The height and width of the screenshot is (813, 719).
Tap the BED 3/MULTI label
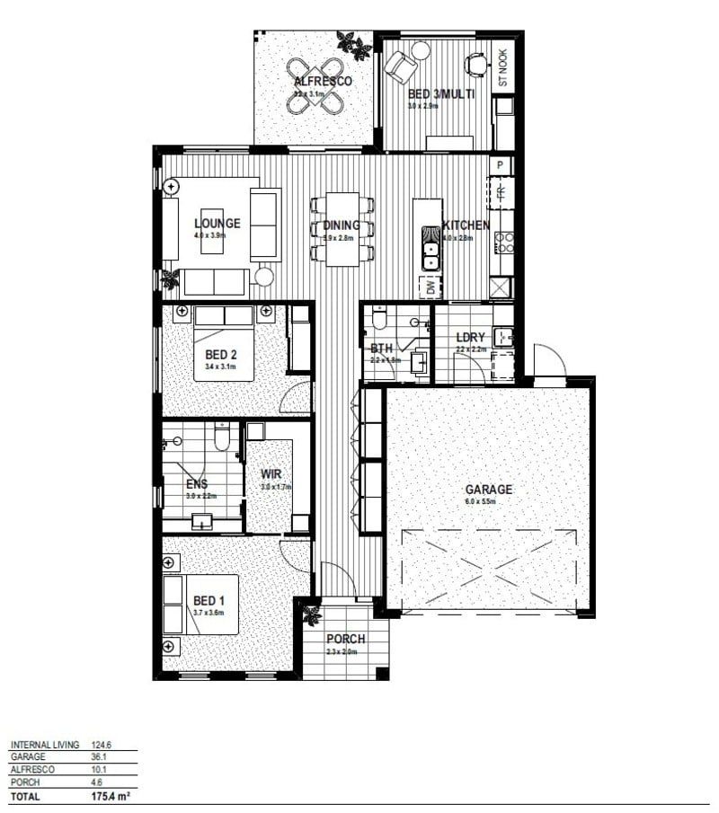click(436, 93)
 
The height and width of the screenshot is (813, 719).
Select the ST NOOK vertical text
click(503, 67)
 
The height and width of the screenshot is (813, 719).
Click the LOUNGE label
click(217, 223)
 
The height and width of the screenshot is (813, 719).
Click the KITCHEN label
click(466, 225)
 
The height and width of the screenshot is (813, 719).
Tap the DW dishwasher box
click(431, 288)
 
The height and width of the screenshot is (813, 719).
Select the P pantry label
click(501, 165)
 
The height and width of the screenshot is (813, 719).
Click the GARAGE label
click(488, 490)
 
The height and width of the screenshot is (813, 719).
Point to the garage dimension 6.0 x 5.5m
click(488, 501)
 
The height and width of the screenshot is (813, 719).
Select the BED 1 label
click(208, 600)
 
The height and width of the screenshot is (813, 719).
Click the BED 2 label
click(220, 354)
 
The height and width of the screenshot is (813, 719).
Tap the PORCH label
click(346, 639)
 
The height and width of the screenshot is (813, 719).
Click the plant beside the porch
click(312, 615)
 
